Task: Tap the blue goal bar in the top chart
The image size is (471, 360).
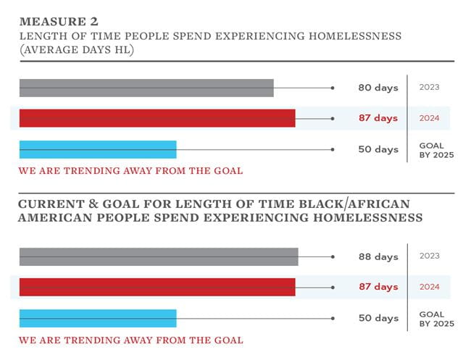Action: [x=98, y=149]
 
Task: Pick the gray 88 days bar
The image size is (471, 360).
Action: [x=159, y=256]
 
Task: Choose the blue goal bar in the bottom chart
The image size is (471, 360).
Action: [x=98, y=318]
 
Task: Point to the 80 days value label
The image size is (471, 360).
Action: [x=378, y=88]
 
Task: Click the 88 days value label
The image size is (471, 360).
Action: [x=378, y=256]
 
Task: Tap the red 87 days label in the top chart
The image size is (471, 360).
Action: [x=378, y=118]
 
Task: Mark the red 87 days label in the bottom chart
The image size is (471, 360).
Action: [x=378, y=287]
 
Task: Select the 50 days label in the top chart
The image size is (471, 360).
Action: [x=378, y=149]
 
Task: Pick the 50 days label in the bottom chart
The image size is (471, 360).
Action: [x=378, y=318]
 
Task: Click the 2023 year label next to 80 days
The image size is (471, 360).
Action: [x=430, y=87]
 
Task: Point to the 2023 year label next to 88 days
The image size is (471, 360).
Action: [x=430, y=256]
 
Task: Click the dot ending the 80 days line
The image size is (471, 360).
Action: [x=333, y=88]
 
